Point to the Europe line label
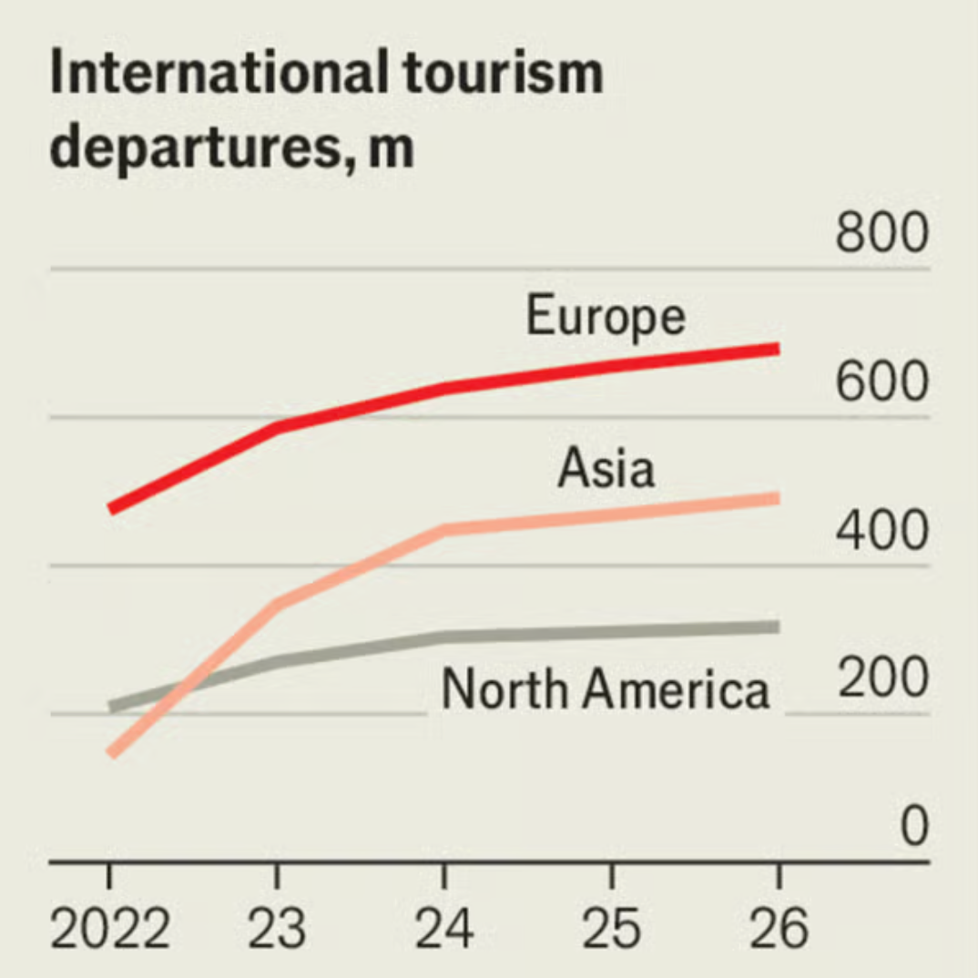(606, 316)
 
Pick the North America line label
(606, 689)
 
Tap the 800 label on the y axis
(881, 234)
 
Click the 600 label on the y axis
(881, 382)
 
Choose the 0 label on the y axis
(913, 827)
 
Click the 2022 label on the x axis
(109, 929)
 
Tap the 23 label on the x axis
(276, 929)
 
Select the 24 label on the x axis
(443, 929)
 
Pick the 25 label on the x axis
(611, 929)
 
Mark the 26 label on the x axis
(779, 929)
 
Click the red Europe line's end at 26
(777, 349)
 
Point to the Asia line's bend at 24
(443, 530)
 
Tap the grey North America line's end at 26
(777, 627)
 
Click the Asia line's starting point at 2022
(111, 752)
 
